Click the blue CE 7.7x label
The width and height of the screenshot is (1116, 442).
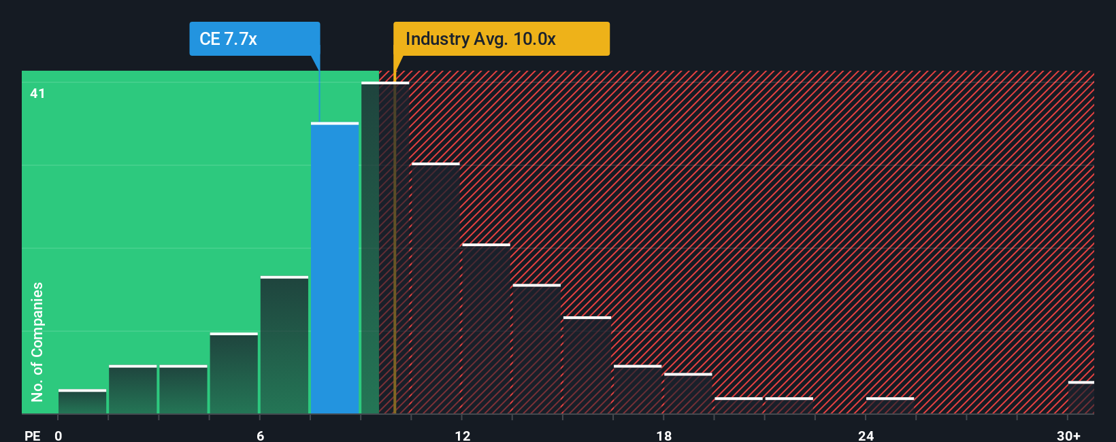pyautogui.click(x=254, y=39)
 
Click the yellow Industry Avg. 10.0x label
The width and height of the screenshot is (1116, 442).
pyautogui.click(x=501, y=39)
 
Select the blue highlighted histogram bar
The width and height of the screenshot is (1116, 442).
pyautogui.click(x=335, y=269)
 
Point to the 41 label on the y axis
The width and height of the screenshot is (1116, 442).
pyautogui.click(x=37, y=93)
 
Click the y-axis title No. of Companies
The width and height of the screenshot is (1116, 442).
pyautogui.click(x=37, y=341)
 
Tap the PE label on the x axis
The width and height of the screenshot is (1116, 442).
pyautogui.click(x=32, y=435)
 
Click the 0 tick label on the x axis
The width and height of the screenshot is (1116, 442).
pyautogui.click(x=59, y=435)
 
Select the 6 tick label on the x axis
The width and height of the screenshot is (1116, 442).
pyautogui.click(x=260, y=435)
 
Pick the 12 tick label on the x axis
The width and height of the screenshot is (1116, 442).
pyautogui.click(x=462, y=435)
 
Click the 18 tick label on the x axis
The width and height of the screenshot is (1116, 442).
pyautogui.click(x=664, y=435)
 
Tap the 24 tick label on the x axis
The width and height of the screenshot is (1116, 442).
pyautogui.click(x=866, y=435)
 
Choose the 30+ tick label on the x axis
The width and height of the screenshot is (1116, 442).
pyautogui.click(x=1068, y=435)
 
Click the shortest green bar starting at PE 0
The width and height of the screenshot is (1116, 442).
pyautogui.click(x=82, y=402)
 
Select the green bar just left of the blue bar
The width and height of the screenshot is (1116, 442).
pyautogui.click(x=284, y=345)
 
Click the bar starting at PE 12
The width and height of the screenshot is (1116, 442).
pyautogui.click(x=486, y=329)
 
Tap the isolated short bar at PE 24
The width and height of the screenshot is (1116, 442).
pyautogui.click(x=890, y=405)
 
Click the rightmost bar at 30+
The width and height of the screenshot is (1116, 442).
pyautogui.click(x=1081, y=398)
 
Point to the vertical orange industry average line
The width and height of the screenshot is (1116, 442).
pyautogui.click(x=395, y=272)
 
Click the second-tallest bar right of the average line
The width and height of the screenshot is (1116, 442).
pyautogui.click(x=436, y=289)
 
